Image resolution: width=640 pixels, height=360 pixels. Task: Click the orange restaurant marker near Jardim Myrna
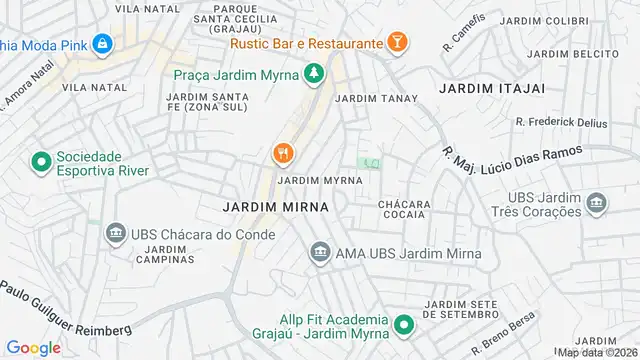click(x=283, y=153)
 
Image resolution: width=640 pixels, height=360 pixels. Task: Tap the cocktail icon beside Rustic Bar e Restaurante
click(x=399, y=43)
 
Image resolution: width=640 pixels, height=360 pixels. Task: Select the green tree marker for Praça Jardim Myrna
click(x=314, y=73)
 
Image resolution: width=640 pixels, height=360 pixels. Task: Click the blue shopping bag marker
click(x=102, y=44)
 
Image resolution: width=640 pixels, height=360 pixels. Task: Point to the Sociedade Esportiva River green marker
click(x=42, y=161)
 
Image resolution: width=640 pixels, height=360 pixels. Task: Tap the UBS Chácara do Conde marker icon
click(x=115, y=234)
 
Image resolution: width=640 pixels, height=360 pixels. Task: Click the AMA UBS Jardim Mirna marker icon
click(x=320, y=252)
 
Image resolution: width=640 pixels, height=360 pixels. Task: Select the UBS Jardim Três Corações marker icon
click(x=597, y=204)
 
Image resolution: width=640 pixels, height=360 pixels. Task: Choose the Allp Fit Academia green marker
click(x=404, y=325)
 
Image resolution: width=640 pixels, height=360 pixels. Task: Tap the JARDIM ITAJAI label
click(x=492, y=88)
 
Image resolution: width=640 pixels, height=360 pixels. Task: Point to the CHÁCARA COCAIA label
click(x=404, y=211)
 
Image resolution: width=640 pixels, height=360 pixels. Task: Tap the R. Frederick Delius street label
click(x=562, y=122)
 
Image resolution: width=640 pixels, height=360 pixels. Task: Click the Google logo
click(x=33, y=347)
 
